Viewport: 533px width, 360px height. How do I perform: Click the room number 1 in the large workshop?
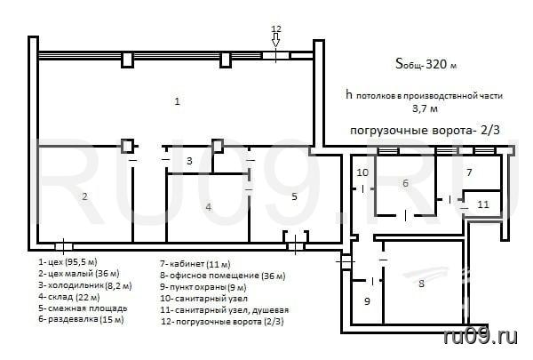coord(177,101)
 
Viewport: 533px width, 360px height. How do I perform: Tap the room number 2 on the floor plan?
coord(84,196)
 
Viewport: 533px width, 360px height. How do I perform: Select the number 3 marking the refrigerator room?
coord(189,161)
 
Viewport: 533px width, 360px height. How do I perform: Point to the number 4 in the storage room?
coord(209,206)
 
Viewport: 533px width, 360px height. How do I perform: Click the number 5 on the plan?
coord(294,196)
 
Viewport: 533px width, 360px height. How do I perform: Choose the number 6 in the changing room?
coord(405,183)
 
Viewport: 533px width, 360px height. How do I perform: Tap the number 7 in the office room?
coord(469,172)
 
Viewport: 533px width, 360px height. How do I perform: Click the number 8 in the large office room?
coord(421,283)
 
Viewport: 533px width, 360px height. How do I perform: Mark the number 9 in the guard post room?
coord(367,301)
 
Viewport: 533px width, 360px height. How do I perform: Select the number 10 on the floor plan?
coord(362,172)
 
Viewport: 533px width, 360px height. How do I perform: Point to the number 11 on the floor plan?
coord(483,204)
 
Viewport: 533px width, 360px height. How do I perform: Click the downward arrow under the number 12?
coord(275,40)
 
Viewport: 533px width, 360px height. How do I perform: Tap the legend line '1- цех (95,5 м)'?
coord(68,262)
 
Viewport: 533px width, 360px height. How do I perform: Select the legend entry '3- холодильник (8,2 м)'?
coord(85,285)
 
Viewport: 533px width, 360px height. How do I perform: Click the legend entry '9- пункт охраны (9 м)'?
coord(203,287)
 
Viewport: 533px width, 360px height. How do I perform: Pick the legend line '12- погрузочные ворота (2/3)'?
coord(222,321)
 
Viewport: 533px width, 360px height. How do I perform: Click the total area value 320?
coord(436,64)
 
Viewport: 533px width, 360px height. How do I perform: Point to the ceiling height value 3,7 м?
coord(425,108)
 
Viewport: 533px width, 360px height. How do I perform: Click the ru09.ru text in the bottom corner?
coord(481,336)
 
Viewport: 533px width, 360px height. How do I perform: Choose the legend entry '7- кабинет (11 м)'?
coord(195,264)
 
